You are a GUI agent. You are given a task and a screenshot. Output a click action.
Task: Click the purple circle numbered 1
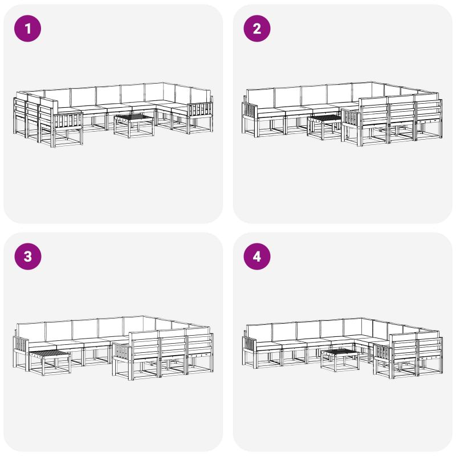coord(27,28)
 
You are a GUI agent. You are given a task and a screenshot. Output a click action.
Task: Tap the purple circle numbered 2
coord(257,28)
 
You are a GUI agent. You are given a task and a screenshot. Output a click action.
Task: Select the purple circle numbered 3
coord(27,256)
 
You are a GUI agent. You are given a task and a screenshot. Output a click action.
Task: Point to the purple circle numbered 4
coord(257,256)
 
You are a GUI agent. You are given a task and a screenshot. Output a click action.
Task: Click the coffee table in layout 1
coord(134,126)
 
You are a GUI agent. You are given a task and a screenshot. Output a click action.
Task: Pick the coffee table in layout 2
coord(325,127)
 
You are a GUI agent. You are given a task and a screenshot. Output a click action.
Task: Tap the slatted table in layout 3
coord(50,363)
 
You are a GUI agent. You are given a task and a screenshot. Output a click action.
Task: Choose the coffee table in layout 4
coord(339,360)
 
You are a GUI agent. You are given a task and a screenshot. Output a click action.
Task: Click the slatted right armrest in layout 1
coord(201,111)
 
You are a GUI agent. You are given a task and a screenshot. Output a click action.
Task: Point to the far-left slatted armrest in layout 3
coord(21,345)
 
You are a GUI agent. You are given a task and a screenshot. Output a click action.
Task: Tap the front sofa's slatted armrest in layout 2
coord(351,118)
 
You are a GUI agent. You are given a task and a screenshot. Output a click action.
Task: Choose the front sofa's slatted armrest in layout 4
coord(383,353)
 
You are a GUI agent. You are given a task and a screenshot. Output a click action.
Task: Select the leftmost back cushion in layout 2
coord(260,98)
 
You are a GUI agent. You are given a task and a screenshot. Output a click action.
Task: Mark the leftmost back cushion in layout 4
coord(259,332)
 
